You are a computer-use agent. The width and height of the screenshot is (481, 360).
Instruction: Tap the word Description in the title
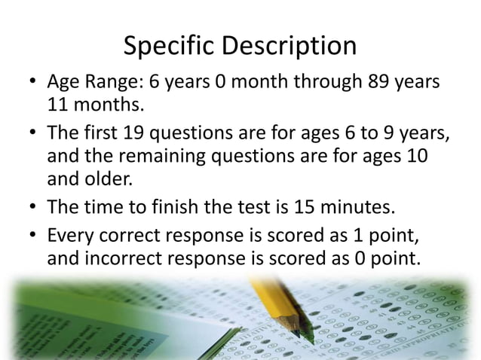[x=290, y=47]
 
